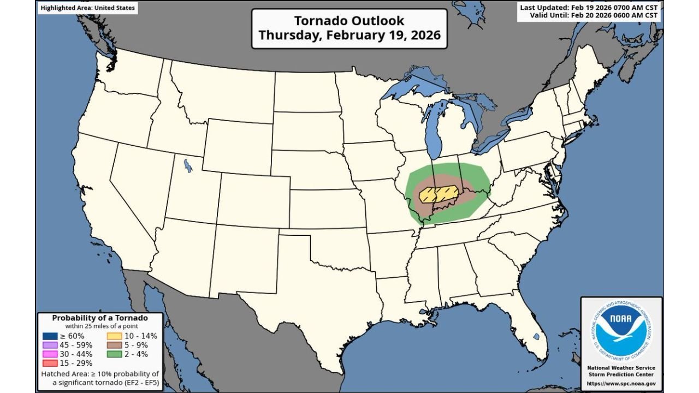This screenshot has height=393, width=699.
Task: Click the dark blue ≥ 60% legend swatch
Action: (50, 336)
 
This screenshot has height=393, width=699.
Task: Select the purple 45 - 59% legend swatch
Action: (50, 345)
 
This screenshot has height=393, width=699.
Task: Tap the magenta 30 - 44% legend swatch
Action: (50, 354)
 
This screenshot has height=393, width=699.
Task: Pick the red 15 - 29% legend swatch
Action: (50, 363)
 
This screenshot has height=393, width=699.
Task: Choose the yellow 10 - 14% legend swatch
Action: (114, 336)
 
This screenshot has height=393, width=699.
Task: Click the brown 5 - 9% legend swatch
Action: (114, 345)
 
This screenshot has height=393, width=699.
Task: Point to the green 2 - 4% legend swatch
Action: (114, 354)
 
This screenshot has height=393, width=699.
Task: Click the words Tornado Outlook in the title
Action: (349, 21)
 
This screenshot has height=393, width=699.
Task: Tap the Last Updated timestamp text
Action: (589, 8)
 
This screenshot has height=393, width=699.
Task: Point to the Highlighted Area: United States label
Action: (87, 8)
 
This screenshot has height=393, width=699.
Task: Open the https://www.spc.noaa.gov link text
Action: (621, 384)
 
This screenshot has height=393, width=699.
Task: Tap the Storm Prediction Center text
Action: (621, 375)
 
